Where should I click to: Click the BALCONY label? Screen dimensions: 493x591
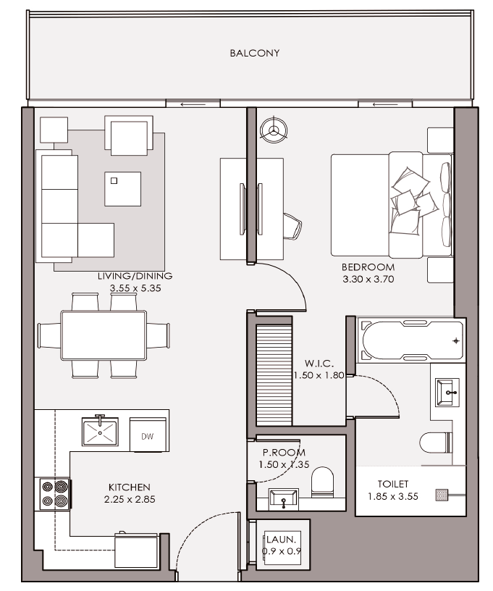tap(255, 53)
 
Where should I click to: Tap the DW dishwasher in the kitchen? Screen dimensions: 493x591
tap(148, 435)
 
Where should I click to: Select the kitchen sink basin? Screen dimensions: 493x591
tap(100, 432)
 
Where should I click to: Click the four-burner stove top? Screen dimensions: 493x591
tap(54, 494)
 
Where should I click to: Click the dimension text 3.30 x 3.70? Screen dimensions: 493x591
tap(368, 280)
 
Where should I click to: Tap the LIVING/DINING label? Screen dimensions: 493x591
tap(135, 276)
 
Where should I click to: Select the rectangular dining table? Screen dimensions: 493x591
tap(104, 335)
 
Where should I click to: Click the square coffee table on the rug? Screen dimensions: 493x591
tap(123, 189)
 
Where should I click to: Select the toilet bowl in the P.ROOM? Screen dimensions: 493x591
tap(323, 482)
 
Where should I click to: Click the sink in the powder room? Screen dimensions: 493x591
tap(284, 498)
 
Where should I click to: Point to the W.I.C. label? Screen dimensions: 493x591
tap(319, 364)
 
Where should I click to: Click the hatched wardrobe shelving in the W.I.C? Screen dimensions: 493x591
tap(274, 374)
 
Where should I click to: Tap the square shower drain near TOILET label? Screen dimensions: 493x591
tap(442, 495)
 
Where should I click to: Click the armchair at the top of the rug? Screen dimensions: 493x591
tap(129, 135)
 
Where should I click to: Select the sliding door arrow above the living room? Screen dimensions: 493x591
tap(193, 104)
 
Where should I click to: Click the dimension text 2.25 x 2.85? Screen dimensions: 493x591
tap(130, 500)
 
